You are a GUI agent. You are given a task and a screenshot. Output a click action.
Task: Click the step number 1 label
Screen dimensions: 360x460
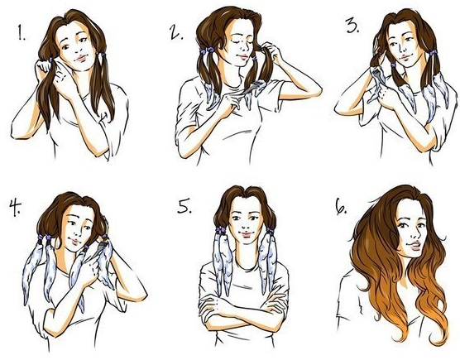pos(18,36)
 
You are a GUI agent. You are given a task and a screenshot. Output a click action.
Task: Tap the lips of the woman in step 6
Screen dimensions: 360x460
pos(411,247)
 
